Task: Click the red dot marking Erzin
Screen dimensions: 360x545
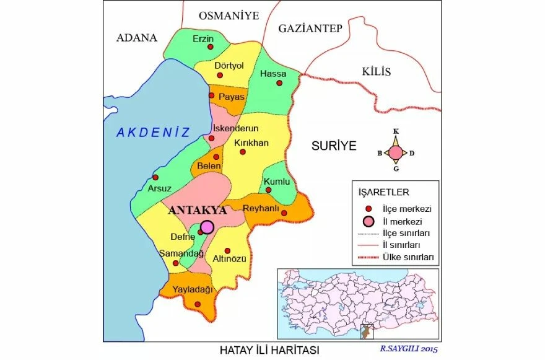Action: coord(211,46)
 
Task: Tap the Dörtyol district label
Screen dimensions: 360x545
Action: coord(229,66)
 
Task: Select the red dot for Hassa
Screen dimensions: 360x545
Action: coord(279,82)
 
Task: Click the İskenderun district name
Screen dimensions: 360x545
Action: coord(235,128)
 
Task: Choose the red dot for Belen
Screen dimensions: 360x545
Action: coord(216,156)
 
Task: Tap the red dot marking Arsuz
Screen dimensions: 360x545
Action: coord(155,177)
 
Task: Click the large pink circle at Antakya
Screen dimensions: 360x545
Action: coord(207,227)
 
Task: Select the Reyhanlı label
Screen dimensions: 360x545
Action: coord(263,208)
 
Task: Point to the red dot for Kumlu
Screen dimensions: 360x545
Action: coord(268,190)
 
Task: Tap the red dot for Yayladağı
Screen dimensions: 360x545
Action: coord(197,304)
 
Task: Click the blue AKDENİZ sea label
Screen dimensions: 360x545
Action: coord(152,131)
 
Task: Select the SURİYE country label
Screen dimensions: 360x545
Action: coord(334,146)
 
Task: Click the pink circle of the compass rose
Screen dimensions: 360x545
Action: coord(395,152)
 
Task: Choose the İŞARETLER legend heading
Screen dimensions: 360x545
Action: coord(383,191)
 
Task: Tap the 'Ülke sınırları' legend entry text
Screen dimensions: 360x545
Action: coord(408,257)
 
